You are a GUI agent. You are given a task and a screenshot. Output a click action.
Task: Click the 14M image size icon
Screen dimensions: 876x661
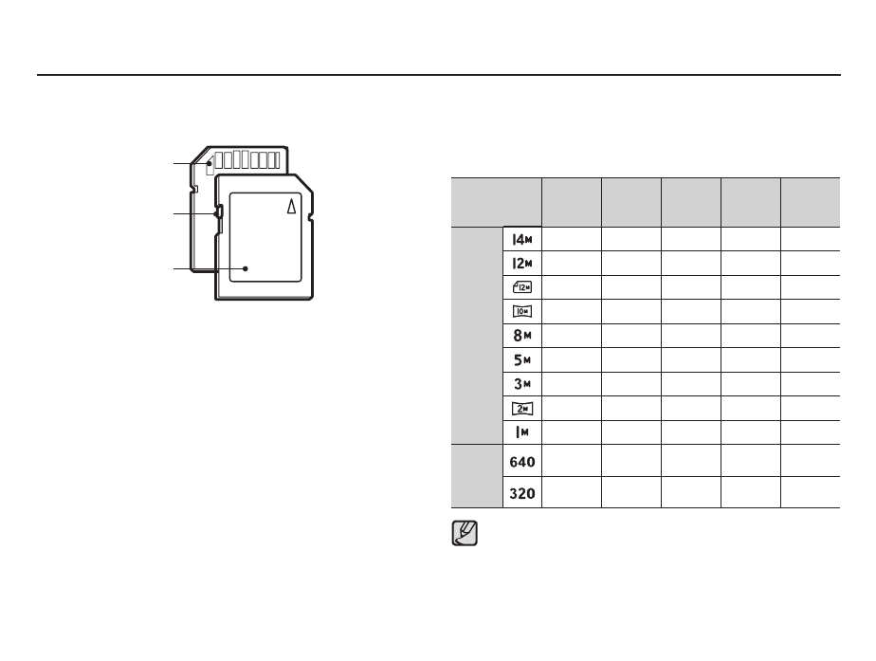(x=522, y=240)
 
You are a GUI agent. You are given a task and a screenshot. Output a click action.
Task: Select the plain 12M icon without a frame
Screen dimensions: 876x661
(x=522, y=264)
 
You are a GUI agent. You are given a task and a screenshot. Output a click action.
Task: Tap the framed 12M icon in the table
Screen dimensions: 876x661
(x=522, y=287)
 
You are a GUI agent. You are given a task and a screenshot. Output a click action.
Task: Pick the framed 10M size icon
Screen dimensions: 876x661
(x=522, y=311)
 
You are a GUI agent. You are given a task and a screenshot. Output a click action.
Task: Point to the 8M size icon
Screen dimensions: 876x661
(x=522, y=336)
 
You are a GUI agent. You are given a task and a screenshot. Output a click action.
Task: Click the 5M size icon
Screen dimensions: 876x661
(x=522, y=359)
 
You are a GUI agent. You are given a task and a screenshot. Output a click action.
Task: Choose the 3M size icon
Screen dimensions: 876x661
(x=522, y=384)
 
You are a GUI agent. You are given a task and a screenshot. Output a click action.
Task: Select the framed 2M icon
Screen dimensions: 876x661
(x=522, y=409)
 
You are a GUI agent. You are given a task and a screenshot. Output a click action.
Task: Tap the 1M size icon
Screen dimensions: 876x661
(x=522, y=431)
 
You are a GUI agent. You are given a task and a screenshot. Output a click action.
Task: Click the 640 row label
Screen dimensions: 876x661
(x=522, y=462)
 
